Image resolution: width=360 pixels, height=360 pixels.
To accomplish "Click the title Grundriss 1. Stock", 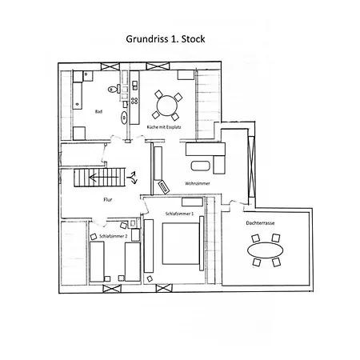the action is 166,39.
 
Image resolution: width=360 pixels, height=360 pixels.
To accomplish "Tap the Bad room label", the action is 98,111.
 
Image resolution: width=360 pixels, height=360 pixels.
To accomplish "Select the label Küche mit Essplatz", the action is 164,127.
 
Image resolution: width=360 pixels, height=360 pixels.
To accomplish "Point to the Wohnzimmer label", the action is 198,183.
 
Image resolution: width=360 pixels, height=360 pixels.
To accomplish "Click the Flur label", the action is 108,199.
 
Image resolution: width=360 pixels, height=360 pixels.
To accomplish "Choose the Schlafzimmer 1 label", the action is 179,214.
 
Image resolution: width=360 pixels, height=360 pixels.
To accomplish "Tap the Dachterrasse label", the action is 260,223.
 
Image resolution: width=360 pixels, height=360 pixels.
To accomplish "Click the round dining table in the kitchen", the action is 167,106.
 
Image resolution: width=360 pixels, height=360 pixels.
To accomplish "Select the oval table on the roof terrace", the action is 266,250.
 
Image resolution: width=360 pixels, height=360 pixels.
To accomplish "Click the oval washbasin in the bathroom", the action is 124,117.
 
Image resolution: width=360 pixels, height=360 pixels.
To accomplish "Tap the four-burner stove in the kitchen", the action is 134,101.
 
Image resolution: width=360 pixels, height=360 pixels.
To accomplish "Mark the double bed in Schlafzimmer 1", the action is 181,244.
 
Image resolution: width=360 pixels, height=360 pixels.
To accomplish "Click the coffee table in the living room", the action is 201,166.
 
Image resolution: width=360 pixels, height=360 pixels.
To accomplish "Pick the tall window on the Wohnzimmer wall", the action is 251,166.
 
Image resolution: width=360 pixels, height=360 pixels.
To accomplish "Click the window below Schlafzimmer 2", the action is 112,289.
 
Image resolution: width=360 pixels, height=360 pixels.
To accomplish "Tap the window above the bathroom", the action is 110,66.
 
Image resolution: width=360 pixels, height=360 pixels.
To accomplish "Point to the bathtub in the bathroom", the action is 78,96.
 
